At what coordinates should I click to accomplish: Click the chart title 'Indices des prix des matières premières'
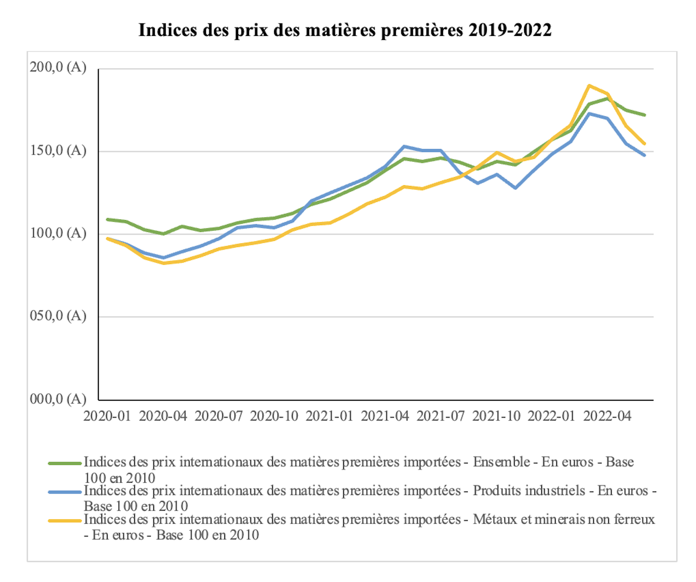(345, 30)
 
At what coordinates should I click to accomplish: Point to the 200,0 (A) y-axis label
(58, 67)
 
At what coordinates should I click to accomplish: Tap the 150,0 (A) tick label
(58, 150)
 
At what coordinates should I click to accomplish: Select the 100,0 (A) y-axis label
(58, 233)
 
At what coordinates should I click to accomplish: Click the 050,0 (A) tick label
(58, 316)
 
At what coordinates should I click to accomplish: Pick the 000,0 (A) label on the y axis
(58, 399)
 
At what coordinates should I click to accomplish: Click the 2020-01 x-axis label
(107, 416)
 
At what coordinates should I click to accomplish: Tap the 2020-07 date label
(219, 416)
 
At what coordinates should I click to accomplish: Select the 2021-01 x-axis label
(330, 416)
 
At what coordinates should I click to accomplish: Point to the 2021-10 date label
(496, 416)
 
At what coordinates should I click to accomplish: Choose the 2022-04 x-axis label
(607, 416)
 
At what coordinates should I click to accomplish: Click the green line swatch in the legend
(65, 463)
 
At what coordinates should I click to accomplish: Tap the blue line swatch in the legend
(65, 492)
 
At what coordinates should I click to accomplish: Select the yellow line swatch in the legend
(65, 521)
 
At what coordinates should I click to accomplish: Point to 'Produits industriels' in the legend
(529, 491)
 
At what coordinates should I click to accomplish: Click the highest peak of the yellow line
(589, 86)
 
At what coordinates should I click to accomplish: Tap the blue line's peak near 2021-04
(404, 146)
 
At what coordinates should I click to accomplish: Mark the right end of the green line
(645, 115)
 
